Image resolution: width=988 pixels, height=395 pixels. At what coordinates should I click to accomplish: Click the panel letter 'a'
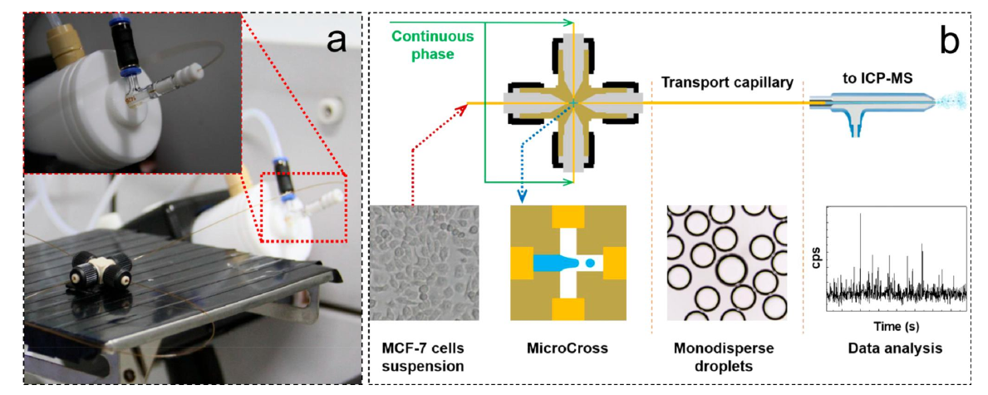coord(336,40)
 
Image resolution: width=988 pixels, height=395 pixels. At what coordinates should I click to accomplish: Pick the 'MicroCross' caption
coord(568,347)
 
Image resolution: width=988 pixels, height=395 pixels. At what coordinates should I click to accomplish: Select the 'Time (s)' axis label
coord(896,320)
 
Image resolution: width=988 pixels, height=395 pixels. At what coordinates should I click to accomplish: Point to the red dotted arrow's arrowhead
coord(463,104)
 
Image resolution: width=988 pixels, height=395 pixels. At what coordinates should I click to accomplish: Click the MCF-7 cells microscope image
coord(424,263)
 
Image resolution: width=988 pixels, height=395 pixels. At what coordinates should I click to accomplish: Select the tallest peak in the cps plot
coord(861,215)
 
